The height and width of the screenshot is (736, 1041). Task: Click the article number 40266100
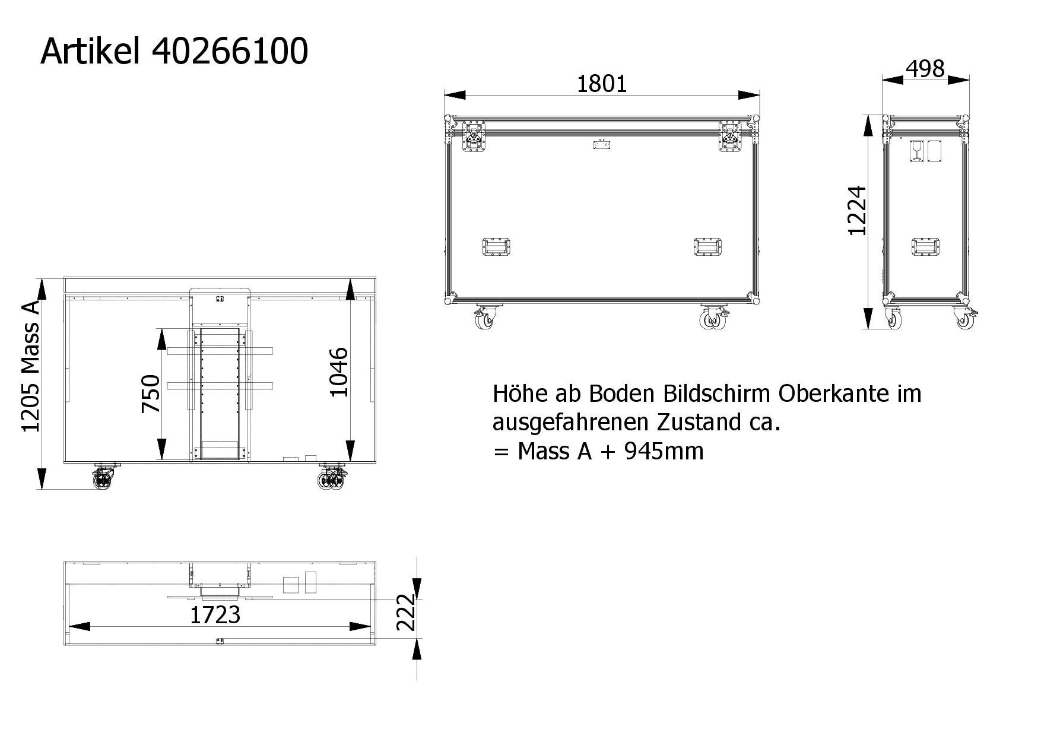230,51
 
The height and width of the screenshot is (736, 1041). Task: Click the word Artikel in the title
90,51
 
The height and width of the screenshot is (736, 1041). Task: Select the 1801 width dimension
602,84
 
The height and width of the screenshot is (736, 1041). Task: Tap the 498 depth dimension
925,69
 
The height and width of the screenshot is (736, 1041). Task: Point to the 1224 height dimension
858,211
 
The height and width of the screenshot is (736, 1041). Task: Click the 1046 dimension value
338,372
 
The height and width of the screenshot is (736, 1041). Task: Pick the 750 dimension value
151,394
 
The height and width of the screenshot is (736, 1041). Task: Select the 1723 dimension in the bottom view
215,615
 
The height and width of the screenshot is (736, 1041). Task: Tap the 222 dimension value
406,612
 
